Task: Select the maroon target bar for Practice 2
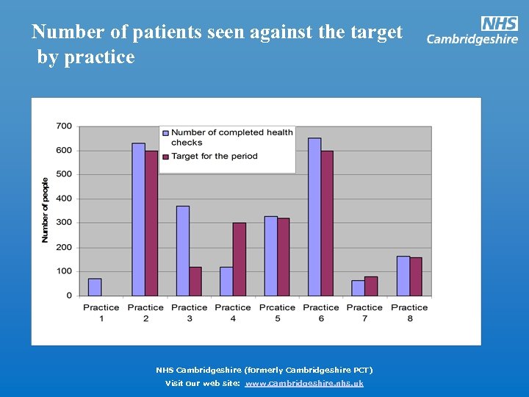(151, 223)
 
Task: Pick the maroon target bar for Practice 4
(239, 259)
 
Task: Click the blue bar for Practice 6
(314, 217)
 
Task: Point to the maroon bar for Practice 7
(371, 286)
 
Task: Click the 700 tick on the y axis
(64, 126)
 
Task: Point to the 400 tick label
(64, 198)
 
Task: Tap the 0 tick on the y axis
(68, 296)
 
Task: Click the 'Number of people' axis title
(45, 210)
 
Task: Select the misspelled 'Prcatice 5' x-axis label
(277, 312)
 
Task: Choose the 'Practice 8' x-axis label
(409, 312)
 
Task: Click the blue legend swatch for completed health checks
(166, 133)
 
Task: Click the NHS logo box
(499, 24)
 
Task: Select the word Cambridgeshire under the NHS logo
(472, 40)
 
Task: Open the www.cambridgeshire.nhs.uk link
(304, 383)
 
